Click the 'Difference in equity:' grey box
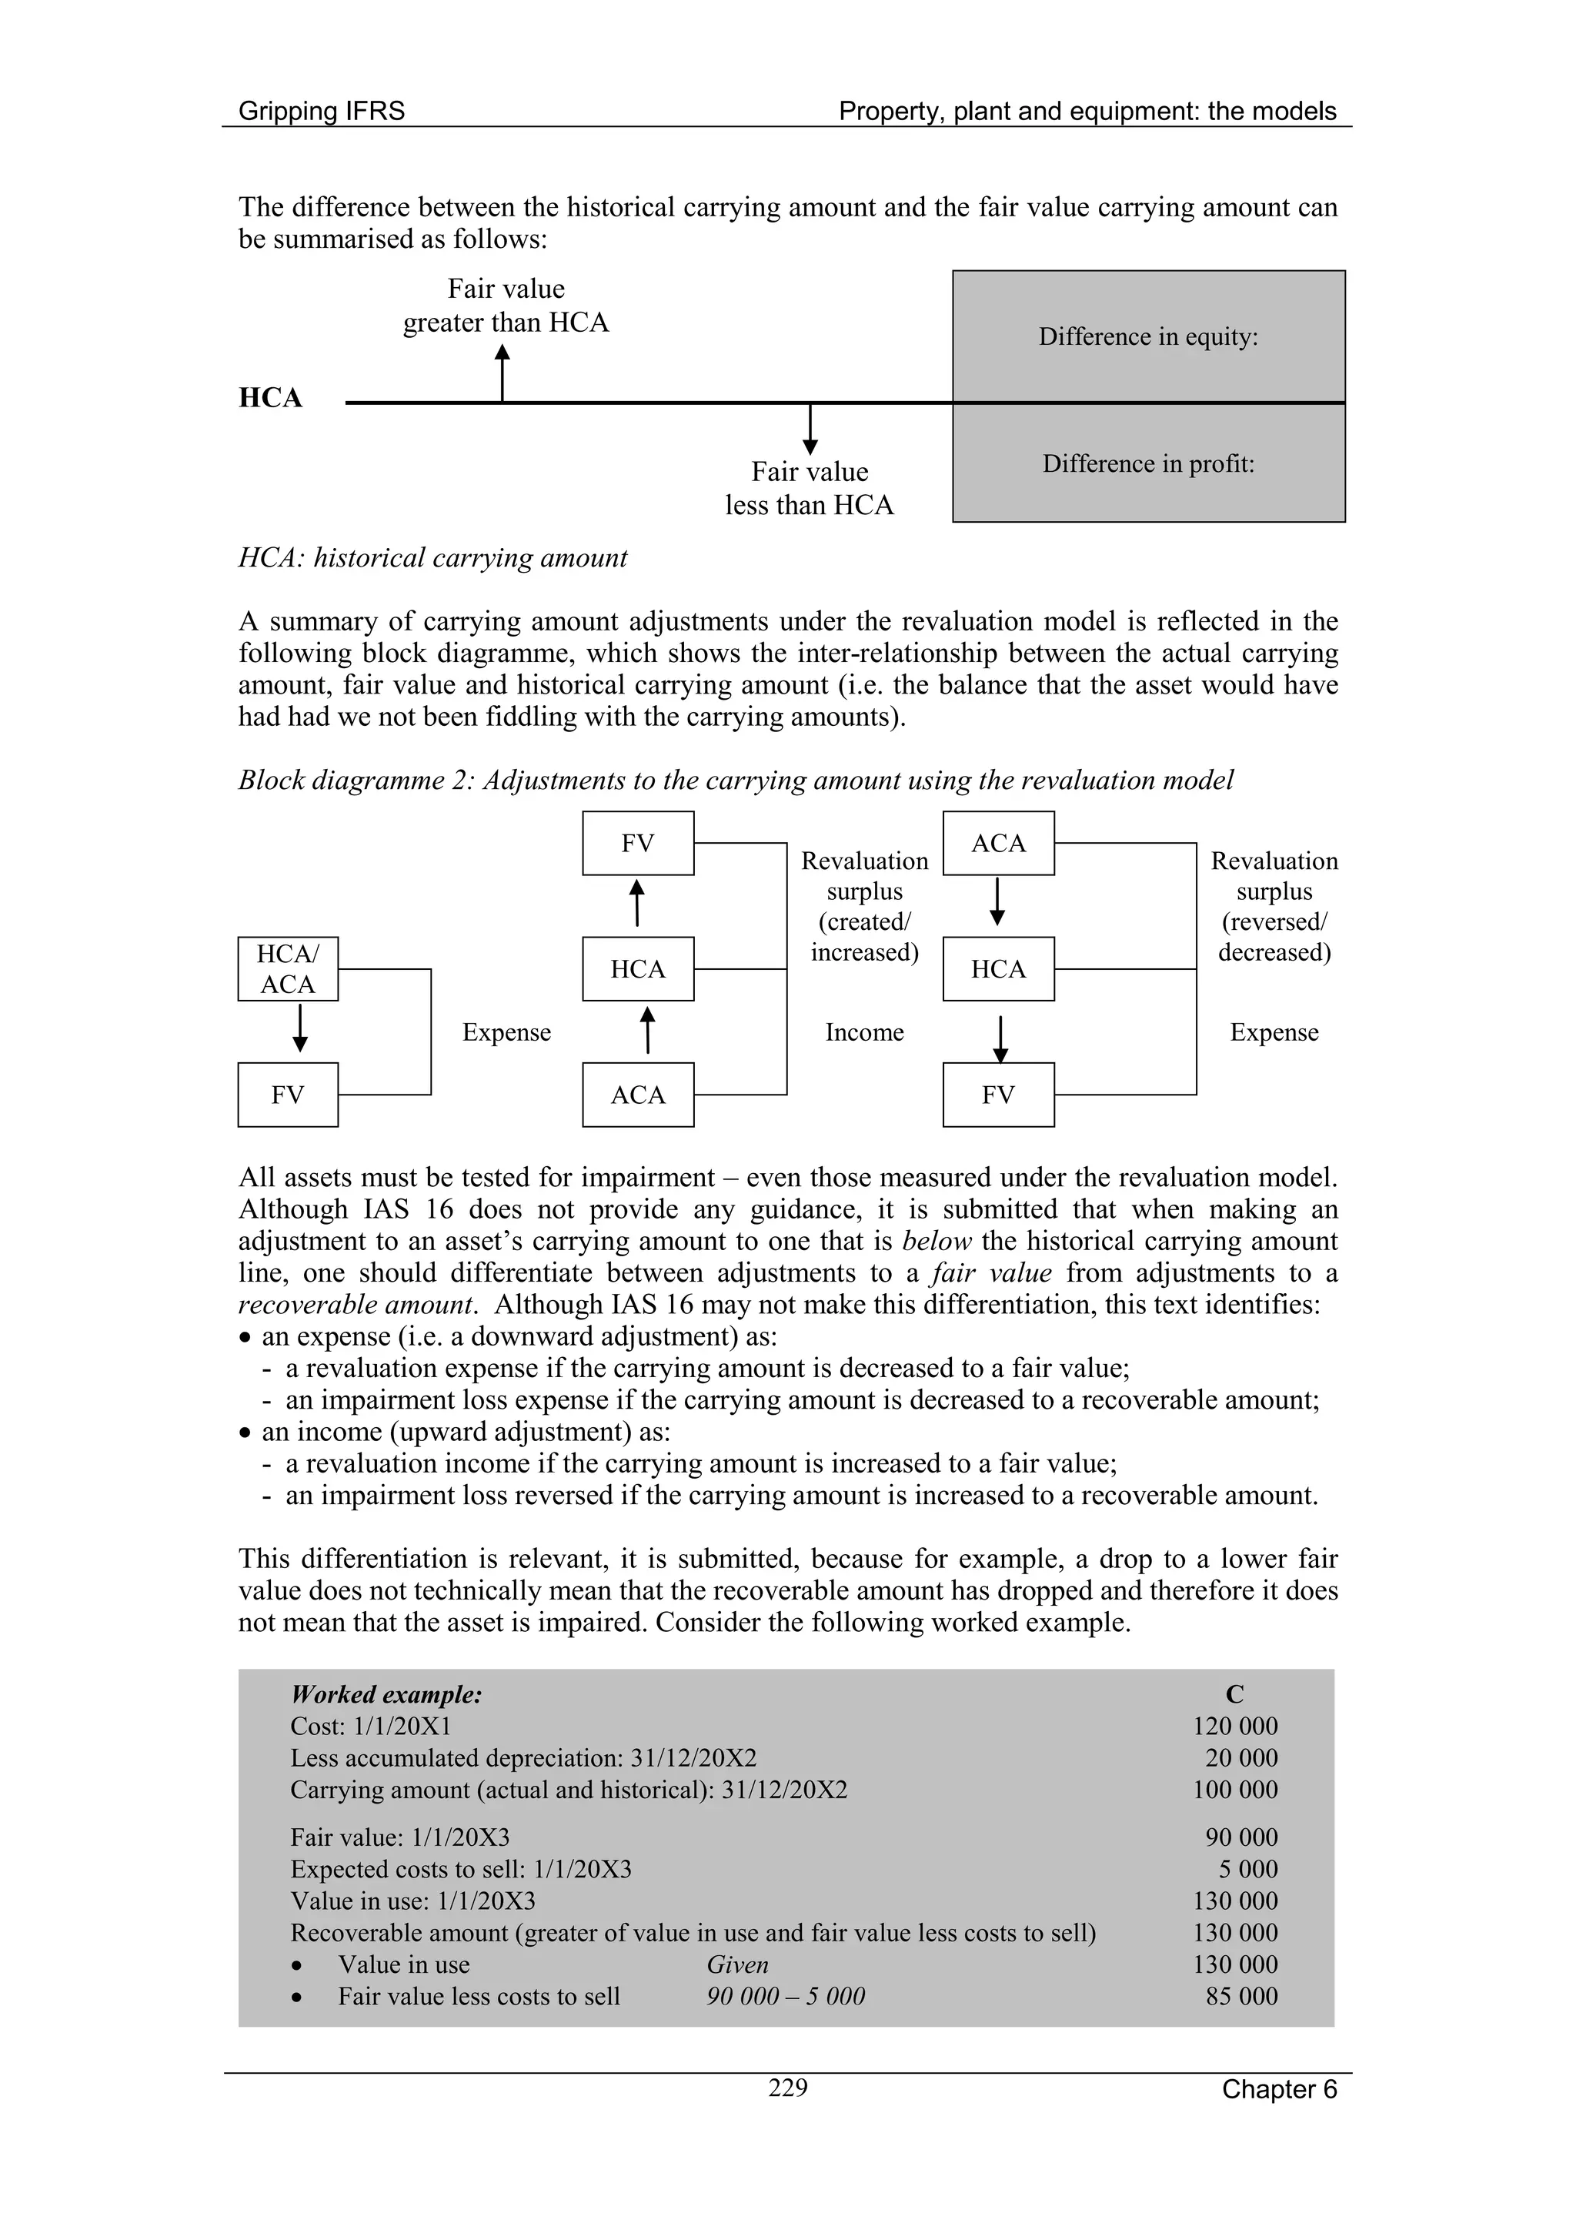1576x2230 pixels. (1148, 337)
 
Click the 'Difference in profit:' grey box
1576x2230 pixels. (1148, 464)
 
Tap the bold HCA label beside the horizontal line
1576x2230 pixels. (271, 398)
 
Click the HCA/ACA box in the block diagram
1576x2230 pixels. (289, 968)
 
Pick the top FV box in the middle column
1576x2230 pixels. (638, 843)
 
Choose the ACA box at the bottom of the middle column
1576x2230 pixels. (638, 1095)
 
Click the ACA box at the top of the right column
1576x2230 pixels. (998, 843)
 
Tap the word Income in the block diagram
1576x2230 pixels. (864, 1031)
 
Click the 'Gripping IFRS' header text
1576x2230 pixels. (322, 111)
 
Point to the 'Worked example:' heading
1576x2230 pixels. (386, 1695)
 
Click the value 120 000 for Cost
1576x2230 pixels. (1235, 1726)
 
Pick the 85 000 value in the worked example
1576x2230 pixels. (1241, 1996)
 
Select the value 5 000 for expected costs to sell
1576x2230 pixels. (1249, 1869)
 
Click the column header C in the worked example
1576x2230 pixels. (1234, 1695)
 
